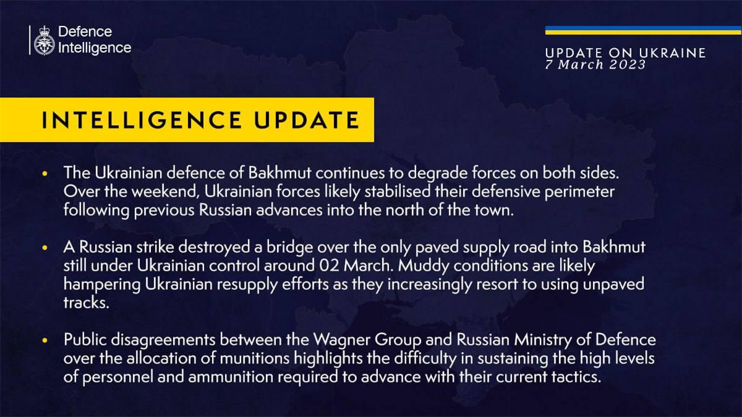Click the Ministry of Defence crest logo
tap(45, 40)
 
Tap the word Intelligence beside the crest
tap(95, 48)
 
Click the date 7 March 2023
tap(595, 64)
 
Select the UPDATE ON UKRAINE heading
tap(625, 53)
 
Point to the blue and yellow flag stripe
tap(643, 30)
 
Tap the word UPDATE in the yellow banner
tap(307, 120)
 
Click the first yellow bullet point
tap(45, 173)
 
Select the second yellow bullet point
tap(45, 247)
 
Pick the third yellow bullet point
tap(45, 340)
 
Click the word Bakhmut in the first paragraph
tap(279, 173)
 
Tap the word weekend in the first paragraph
tap(165, 192)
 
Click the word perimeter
tap(579, 192)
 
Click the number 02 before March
tap(330, 266)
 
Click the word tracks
tap(86, 303)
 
